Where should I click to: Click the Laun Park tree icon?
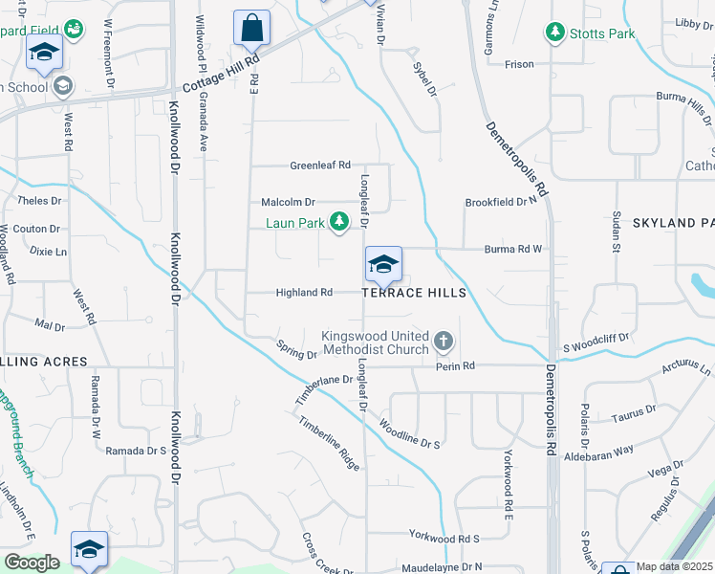point(338,223)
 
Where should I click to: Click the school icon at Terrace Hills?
point(383,265)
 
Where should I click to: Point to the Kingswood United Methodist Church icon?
point(443,341)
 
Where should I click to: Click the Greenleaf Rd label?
point(320,166)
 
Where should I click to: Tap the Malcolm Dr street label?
point(288,203)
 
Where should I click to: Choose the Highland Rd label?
point(304,293)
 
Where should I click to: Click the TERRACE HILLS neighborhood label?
point(414,293)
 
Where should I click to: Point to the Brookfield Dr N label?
point(502,203)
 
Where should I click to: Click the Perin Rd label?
point(456,366)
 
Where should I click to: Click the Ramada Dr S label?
point(136,451)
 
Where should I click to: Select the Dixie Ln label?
point(49,252)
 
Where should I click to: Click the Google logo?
point(31,563)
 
